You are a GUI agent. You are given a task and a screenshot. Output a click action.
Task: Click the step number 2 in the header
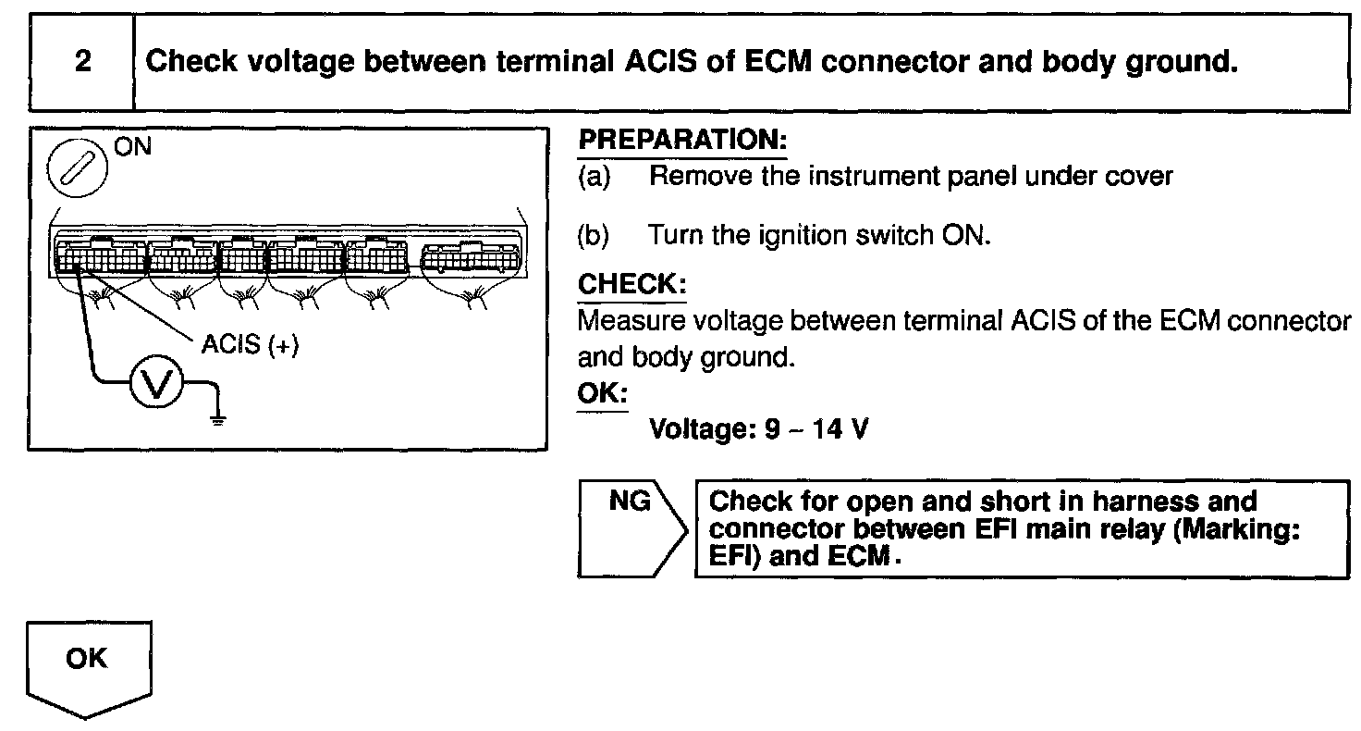tap(82, 63)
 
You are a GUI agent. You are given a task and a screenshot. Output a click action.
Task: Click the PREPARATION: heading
tap(682, 142)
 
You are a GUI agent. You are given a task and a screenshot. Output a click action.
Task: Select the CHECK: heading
tap(631, 284)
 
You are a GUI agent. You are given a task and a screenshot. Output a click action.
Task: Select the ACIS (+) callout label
tap(250, 348)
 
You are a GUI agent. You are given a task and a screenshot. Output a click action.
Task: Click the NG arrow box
tap(631, 527)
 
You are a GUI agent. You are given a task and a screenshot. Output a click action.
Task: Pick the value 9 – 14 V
tap(818, 430)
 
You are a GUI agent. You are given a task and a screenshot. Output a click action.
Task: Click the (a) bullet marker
tap(594, 176)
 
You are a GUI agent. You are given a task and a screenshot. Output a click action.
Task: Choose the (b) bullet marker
tap(594, 235)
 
